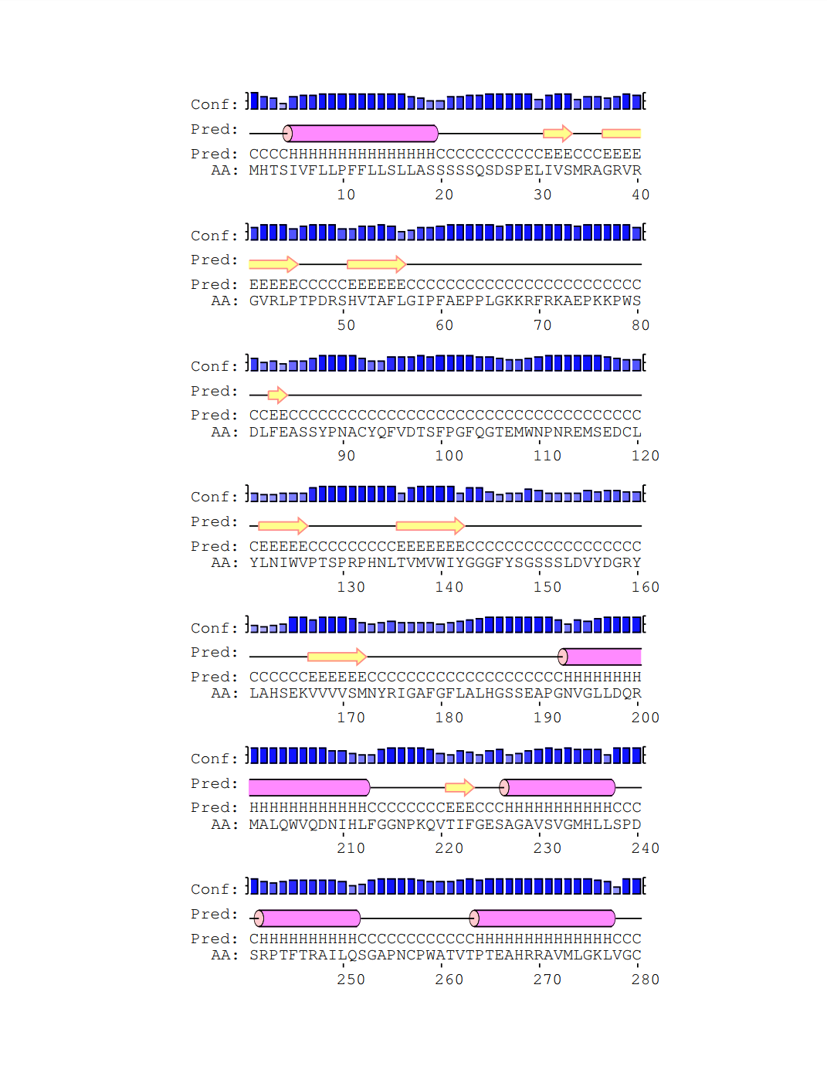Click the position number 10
346,195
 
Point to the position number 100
449,456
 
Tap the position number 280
645,980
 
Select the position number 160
645,587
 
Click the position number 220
449,848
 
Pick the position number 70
542,325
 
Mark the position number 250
351,980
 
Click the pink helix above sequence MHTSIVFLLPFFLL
361,134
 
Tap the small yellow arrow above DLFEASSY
277,396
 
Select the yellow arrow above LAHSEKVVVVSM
337,657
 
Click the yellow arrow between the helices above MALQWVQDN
459,787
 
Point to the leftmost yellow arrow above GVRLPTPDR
273,264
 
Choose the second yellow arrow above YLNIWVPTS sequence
430,526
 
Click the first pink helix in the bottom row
307,919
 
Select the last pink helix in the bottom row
542,919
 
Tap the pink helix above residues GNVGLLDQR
600,657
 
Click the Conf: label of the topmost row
214,104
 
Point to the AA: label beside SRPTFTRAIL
224,956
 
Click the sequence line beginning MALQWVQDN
445,824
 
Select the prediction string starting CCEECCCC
445,416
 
